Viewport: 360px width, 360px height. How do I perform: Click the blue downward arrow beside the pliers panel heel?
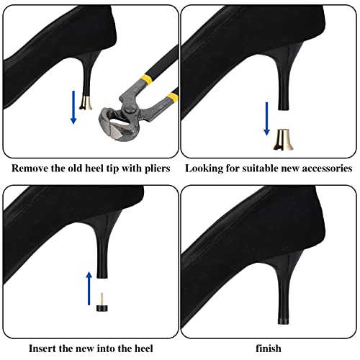coord(73,107)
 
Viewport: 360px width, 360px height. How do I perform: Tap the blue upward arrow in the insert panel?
coord(89,288)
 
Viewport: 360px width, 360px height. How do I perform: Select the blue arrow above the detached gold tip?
coord(266,119)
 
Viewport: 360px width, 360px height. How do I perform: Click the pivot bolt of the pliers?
coord(130,109)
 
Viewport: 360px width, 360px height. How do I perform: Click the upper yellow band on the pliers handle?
coord(145,78)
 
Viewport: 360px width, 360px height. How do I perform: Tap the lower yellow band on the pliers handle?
coord(173,97)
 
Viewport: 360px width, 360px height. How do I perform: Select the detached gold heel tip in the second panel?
coord(283,140)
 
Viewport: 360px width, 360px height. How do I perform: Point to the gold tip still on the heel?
coord(86,103)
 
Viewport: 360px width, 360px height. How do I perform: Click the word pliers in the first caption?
coord(158,168)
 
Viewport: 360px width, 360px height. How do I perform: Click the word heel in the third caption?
coord(143,348)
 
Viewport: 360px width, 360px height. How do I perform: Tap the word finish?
coord(269,348)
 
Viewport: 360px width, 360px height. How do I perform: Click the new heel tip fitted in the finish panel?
coord(284,320)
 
